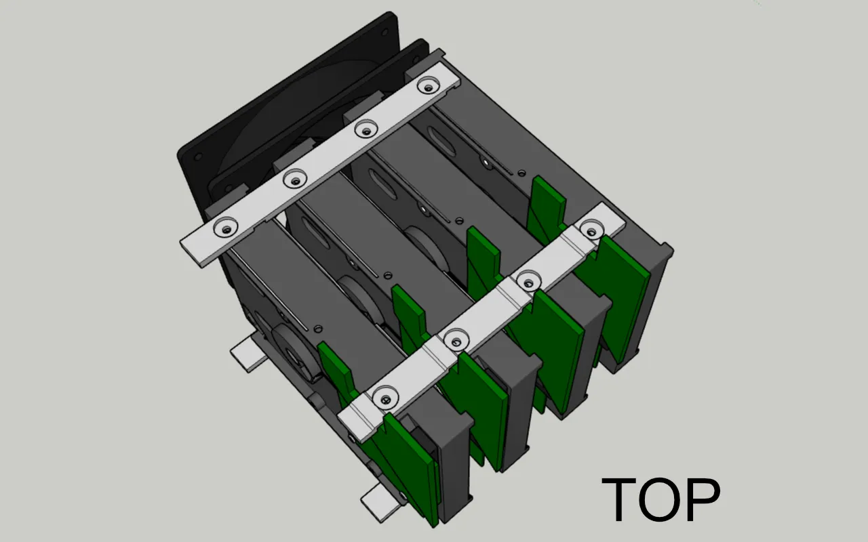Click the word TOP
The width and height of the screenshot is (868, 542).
point(661,499)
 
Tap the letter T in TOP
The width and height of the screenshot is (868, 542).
point(621,499)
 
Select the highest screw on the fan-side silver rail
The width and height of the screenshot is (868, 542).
point(427,85)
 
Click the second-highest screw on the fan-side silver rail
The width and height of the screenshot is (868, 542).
point(366,127)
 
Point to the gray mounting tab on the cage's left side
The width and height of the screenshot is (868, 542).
point(247,354)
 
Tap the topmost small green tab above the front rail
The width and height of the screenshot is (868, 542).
point(548,200)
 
